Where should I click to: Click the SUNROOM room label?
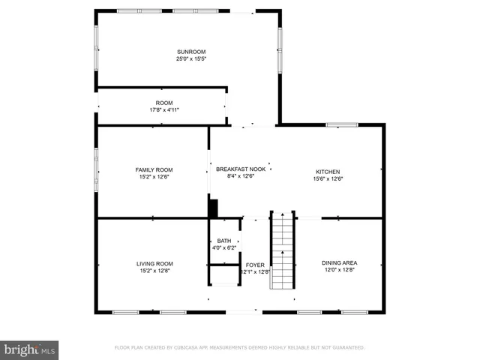[190, 52]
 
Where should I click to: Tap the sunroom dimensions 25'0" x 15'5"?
[190, 58]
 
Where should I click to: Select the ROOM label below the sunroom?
[163, 103]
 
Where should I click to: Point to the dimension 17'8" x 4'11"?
[163, 109]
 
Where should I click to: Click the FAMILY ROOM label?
[154, 169]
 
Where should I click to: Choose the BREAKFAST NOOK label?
[241, 169]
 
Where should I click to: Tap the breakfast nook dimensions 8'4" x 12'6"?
[241, 176]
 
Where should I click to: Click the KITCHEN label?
[328, 172]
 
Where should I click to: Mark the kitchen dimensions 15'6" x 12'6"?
[328, 178]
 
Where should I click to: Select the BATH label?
[224, 241]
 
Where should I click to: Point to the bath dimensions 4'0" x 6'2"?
[224, 247]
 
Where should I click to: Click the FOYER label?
[255, 265]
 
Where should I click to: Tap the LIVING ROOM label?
[154, 263]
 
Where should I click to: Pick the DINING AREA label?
[339, 262]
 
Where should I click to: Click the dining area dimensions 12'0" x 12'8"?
[339, 269]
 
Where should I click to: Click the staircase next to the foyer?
[282, 250]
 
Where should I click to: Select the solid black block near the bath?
[213, 208]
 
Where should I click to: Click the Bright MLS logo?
[29, 349]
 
